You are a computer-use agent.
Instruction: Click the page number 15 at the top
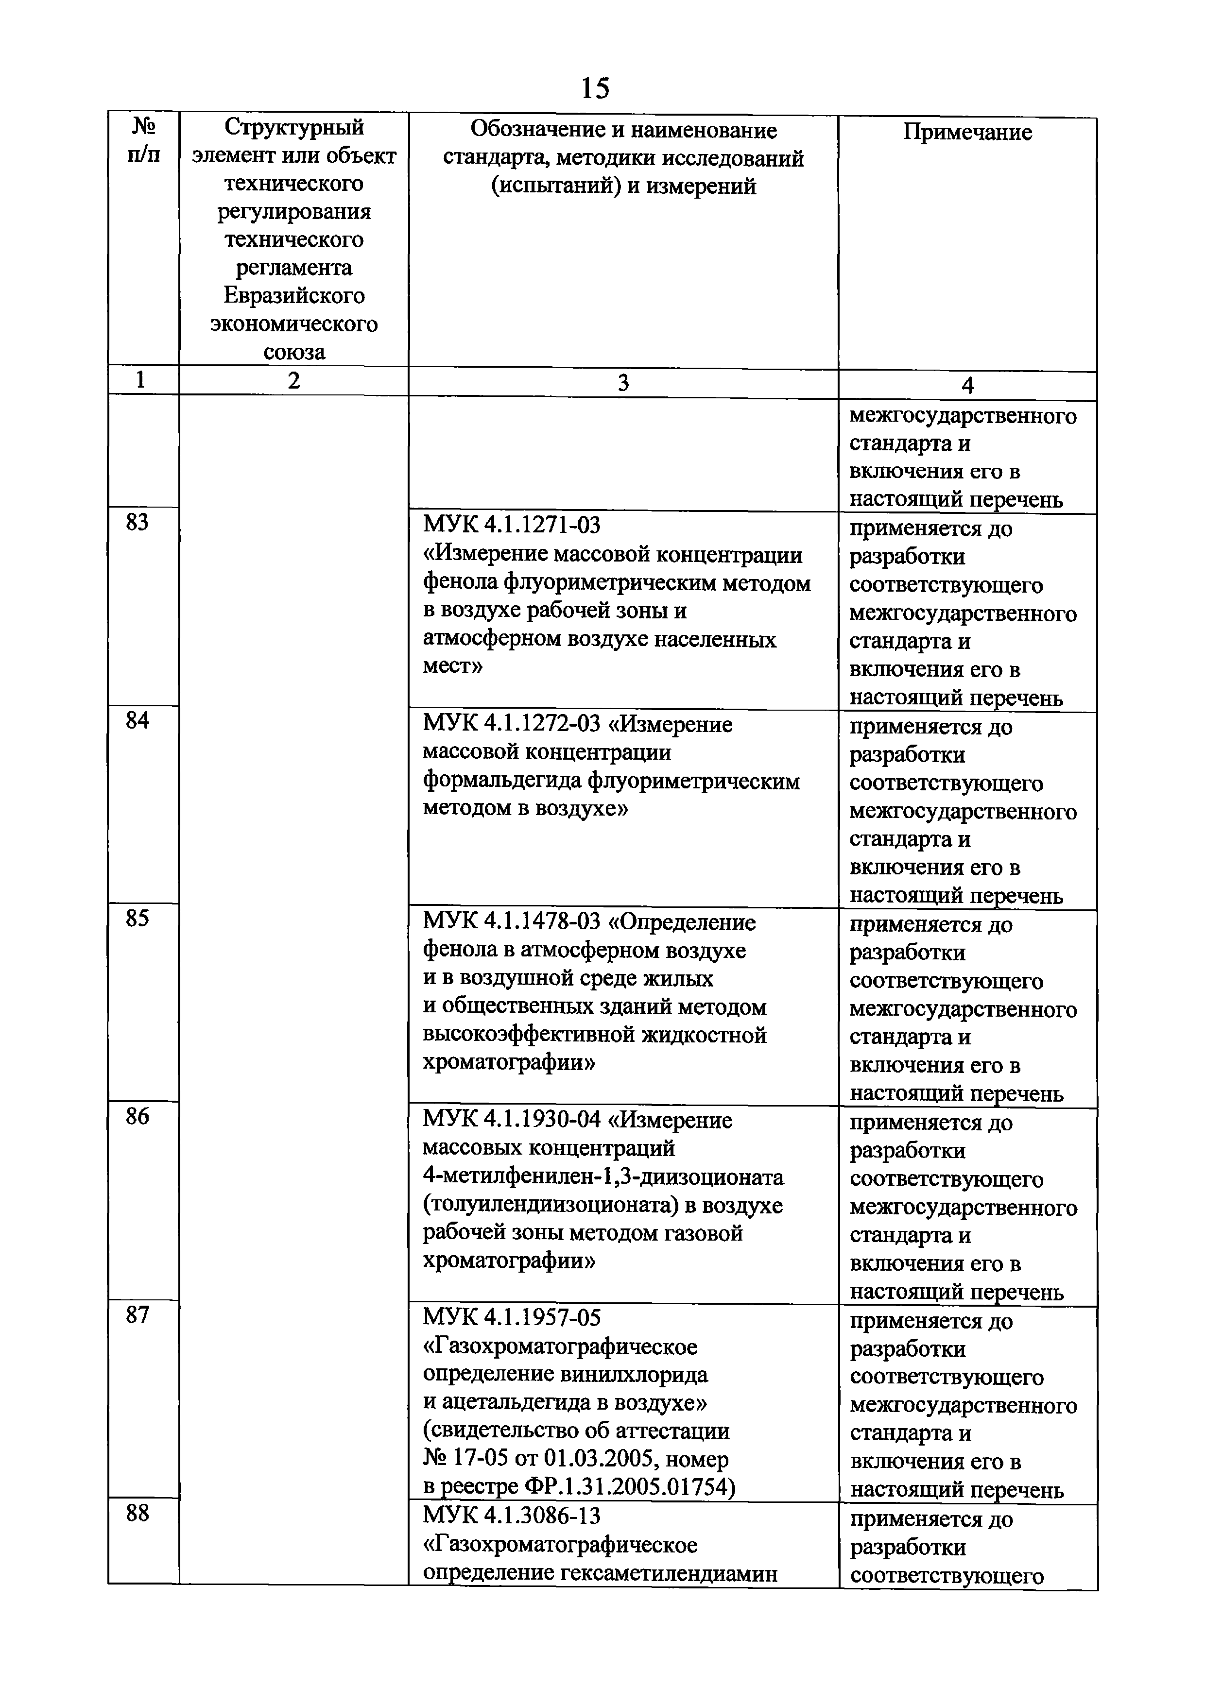(595, 88)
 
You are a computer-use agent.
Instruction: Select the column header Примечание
(967, 132)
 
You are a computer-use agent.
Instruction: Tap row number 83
(138, 523)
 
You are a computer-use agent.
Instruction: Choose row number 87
(138, 1315)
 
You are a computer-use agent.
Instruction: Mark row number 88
(138, 1513)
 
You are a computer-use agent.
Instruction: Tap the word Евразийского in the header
(294, 295)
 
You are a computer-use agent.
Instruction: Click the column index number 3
(623, 382)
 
